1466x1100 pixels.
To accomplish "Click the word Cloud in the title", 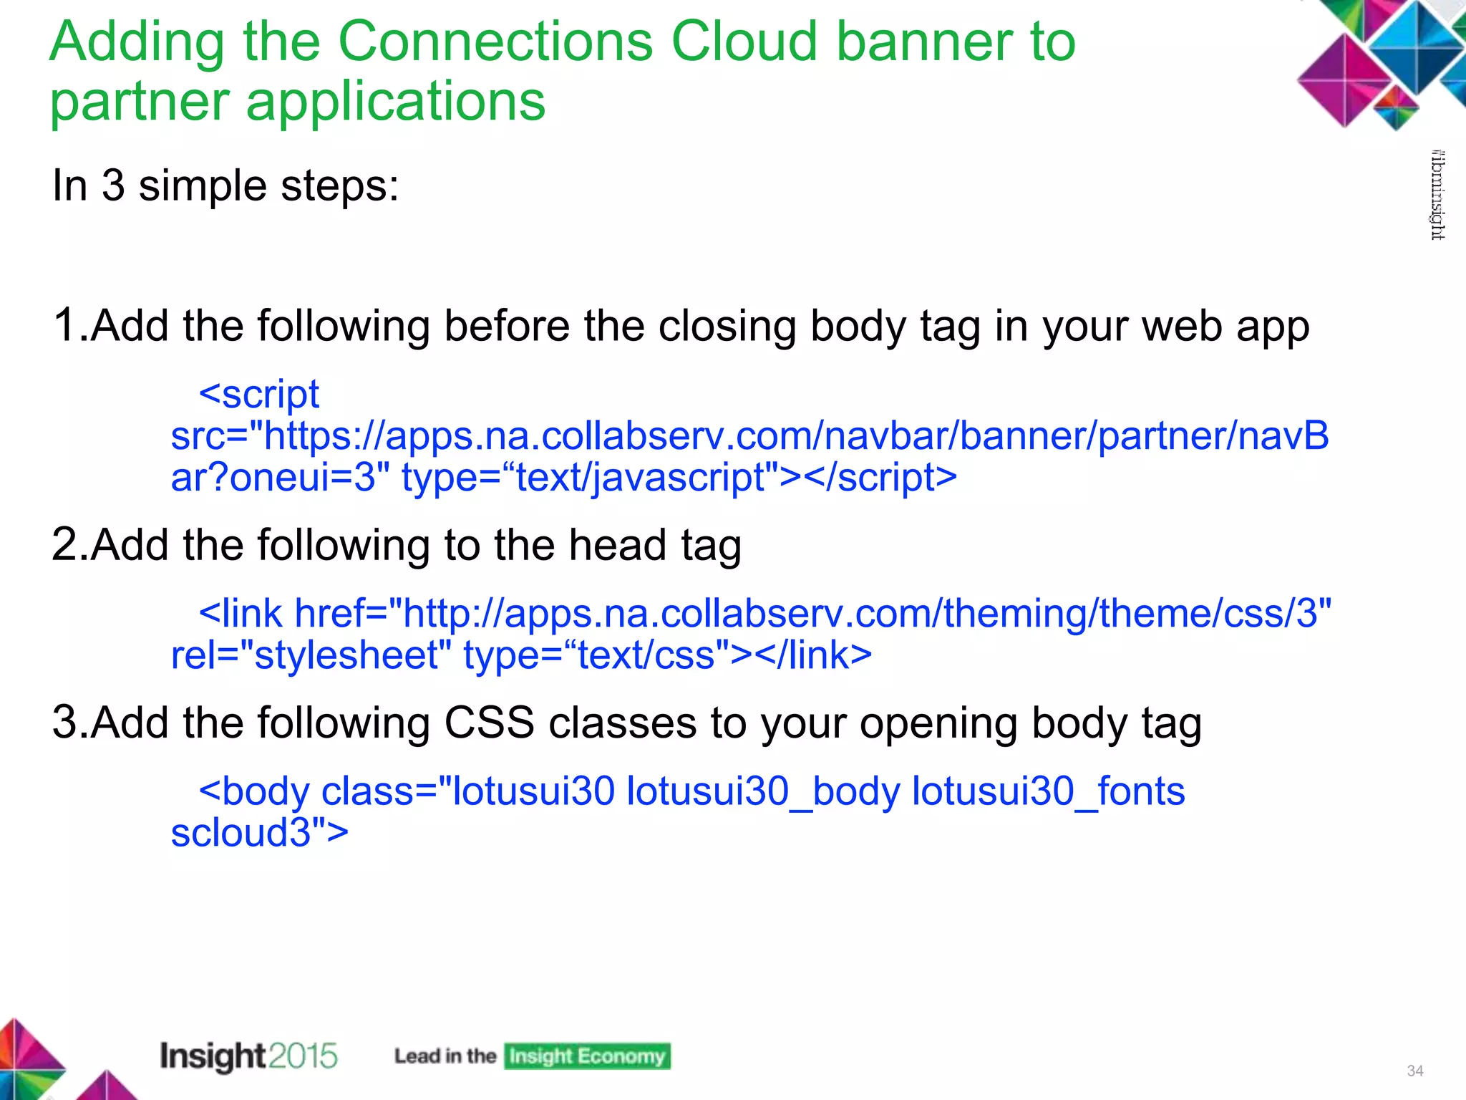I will point(745,42).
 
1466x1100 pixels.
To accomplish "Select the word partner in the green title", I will point(140,102).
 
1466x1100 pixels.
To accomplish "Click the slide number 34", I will point(1414,1071).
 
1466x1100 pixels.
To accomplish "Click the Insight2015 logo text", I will point(248,1056).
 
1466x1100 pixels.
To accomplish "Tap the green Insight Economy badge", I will point(587,1056).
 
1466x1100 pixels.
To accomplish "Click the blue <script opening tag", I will point(259,394).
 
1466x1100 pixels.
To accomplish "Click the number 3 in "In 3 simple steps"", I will point(113,185).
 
